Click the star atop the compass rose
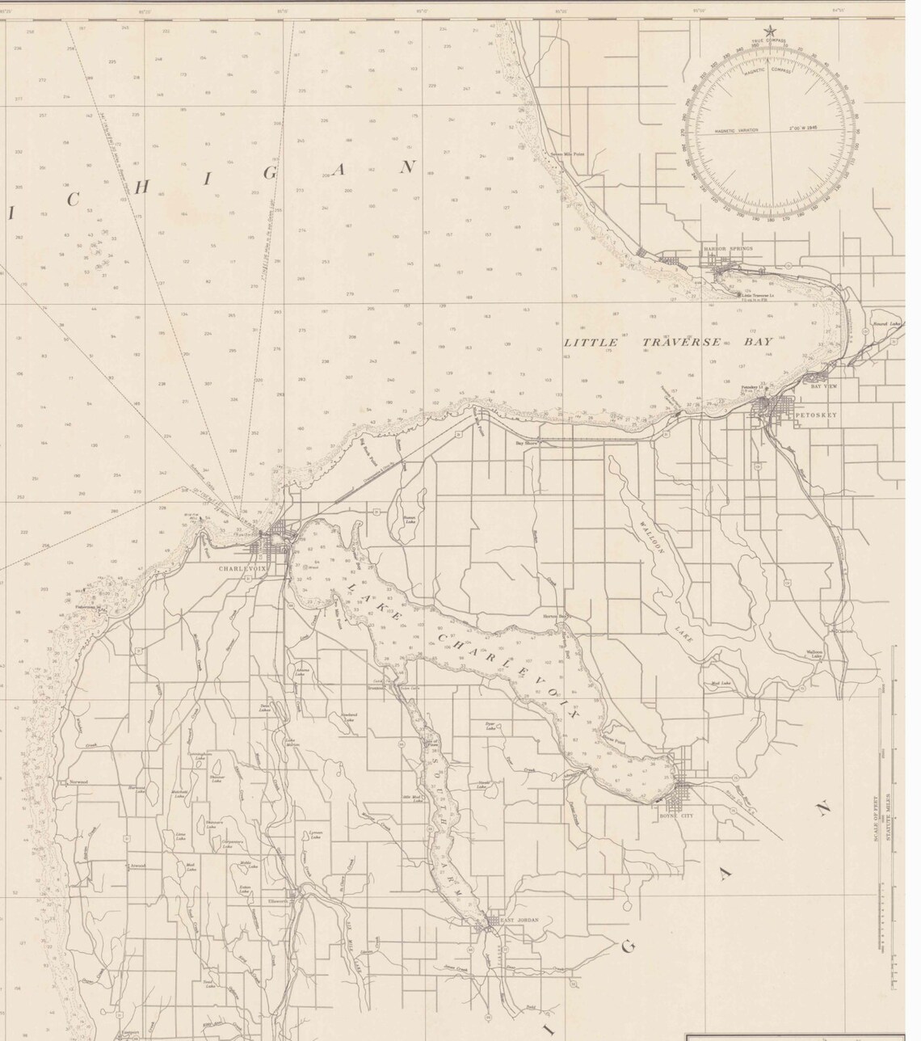769,32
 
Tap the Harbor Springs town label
727,248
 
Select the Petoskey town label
818,415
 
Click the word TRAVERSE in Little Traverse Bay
681,342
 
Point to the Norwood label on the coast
78,783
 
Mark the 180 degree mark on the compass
768,219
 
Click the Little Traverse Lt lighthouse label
759,295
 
